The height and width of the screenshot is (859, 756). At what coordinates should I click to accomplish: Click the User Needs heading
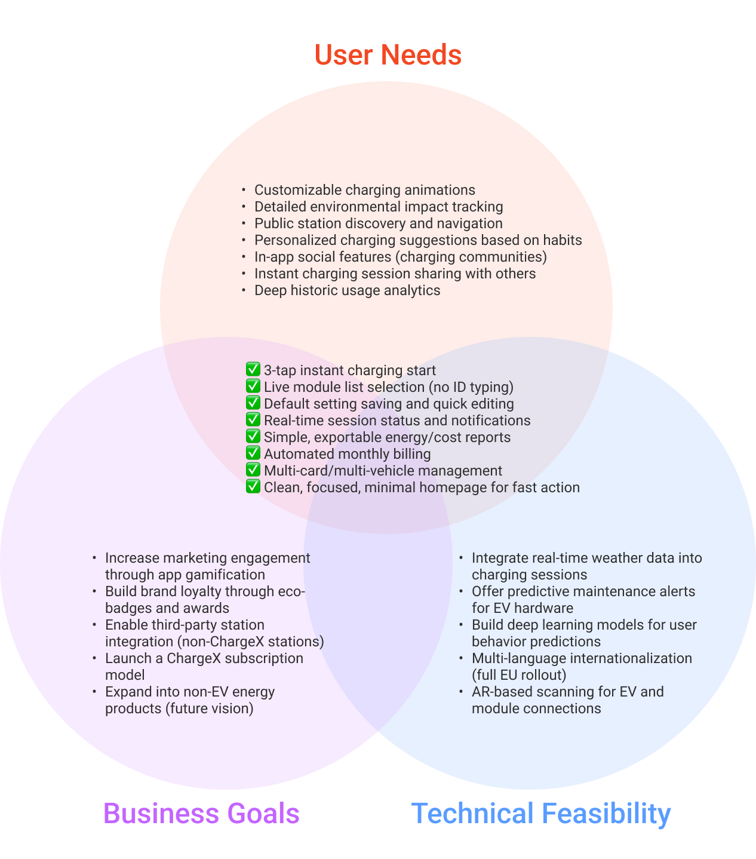(388, 55)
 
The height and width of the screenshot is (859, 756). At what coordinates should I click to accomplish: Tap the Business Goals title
(201, 814)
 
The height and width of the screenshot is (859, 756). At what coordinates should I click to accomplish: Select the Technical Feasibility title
(541, 814)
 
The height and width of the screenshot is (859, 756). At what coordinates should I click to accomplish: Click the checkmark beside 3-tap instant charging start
(253, 370)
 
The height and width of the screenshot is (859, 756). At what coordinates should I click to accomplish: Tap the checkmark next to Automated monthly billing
(253, 453)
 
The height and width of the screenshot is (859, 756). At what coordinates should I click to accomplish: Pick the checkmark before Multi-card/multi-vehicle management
(253, 470)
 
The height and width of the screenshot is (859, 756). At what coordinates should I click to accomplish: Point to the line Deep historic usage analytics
(347, 290)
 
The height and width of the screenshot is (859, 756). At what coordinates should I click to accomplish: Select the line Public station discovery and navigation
(378, 223)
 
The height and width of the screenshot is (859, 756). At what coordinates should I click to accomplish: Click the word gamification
(232, 575)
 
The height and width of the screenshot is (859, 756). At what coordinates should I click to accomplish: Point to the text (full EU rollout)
(518, 675)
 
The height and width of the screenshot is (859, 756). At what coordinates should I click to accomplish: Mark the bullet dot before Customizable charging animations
(244, 190)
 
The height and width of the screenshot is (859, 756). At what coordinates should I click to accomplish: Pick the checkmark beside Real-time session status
(253, 420)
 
